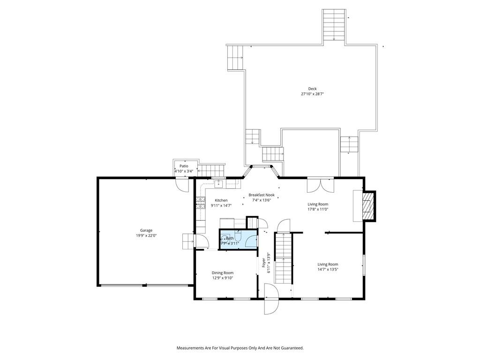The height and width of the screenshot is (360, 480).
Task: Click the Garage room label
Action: [146, 231]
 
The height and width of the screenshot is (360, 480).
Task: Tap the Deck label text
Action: [312, 89]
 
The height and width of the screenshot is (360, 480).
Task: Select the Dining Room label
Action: [223, 273]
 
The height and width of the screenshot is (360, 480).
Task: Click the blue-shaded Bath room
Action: [238, 239]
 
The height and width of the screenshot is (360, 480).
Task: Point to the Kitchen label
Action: [221, 201]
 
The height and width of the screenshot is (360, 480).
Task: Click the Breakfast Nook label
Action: [262, 195]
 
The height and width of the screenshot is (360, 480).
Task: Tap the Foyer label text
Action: [263, 262]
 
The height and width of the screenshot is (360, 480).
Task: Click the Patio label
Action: [184, 166]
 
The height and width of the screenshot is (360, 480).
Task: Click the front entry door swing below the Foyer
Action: [271, 299]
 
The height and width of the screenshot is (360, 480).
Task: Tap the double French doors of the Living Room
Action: [321, 185]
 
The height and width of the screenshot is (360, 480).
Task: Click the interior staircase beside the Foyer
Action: [283, 258]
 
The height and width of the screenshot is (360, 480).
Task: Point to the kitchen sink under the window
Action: [218, 184]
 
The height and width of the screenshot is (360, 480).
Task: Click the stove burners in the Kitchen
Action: [200, 202]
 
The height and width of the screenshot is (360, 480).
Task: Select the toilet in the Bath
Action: [239, 236]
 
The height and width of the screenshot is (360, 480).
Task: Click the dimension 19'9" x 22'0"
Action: [146, 236]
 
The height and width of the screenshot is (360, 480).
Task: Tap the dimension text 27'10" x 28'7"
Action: [312, 94]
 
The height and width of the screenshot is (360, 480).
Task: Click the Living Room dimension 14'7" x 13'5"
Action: [328, 270]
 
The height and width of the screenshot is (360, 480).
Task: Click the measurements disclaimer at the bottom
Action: [240, 348]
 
